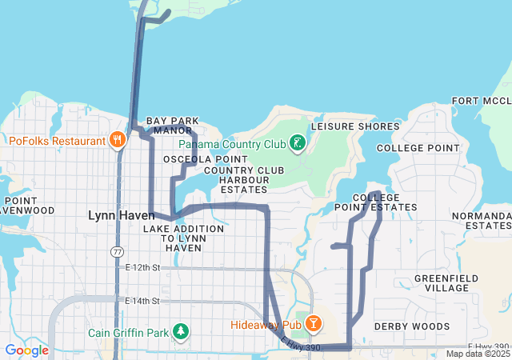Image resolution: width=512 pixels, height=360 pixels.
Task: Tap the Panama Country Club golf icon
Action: (298, 143)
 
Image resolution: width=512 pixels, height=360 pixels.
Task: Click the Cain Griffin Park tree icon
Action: (182, 331)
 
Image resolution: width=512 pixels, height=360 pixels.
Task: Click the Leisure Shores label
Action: (354, 126)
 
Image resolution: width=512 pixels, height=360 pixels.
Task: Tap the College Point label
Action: (418, 148)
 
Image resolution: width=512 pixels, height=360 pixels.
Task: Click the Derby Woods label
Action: (412, 326)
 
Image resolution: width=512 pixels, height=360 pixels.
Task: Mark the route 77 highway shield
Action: (117, 251)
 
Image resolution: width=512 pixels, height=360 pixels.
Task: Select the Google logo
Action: (26, 350)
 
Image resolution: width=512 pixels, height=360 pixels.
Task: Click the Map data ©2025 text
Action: (477, 354)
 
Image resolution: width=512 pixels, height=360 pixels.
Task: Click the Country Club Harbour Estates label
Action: (244, 180)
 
